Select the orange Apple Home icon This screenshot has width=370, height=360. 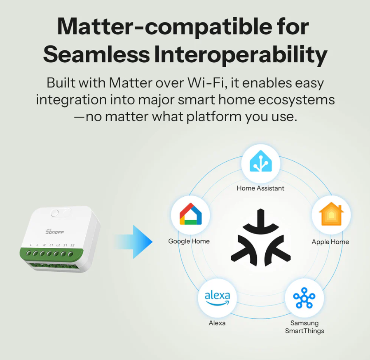(331, 214)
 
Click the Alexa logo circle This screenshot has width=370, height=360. (217, 298)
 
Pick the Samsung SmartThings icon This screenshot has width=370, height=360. (304, 298)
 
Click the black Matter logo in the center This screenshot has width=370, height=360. (261, 238)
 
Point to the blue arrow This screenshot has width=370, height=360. (133, 242)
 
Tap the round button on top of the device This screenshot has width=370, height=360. (55, 213)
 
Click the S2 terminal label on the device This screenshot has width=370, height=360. (73, 245)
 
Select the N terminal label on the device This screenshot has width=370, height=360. (44, 245)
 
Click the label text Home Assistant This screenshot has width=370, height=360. (260, 188)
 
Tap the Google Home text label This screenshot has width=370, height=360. (189, 241)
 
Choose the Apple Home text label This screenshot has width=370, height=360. (330, 242)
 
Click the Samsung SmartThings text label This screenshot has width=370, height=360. (304, 327)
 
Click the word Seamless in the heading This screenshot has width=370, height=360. (96, 54)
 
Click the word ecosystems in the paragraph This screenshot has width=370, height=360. (296, 100)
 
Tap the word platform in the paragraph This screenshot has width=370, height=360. (214, 117)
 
